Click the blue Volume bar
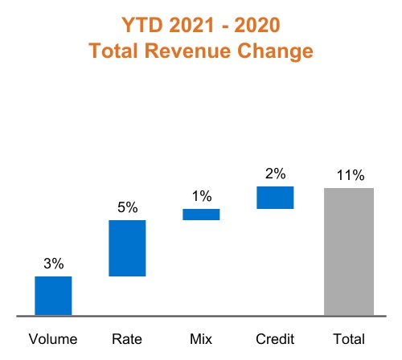[53, 296]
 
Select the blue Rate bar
[127, 248]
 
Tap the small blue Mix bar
[201, 215]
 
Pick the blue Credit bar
[275, 198]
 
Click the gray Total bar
[349, 252]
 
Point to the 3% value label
[53, 263]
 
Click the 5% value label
[127, 207]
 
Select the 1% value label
[201, 195]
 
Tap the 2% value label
[275, 173]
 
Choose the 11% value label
[350, 174]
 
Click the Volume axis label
[53, 339]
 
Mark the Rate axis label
[127, 339]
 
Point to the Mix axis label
[201, 339]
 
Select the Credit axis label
[275, 339]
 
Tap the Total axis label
[349, 339]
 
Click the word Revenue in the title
[198, 51]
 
